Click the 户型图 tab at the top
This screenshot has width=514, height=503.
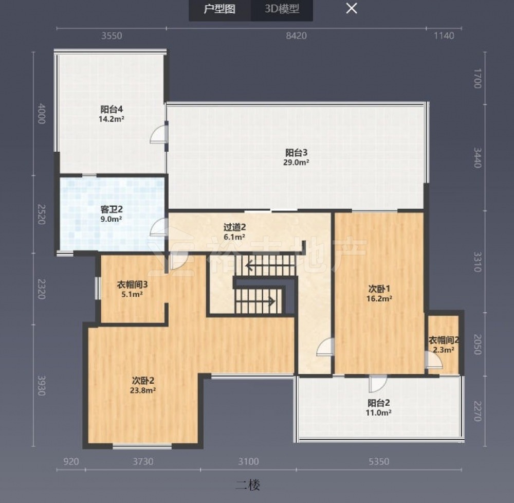[219, 9]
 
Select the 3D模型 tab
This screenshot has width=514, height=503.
[282, 9]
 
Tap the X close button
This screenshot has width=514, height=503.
[352, 9]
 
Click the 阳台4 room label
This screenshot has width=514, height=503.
[112, 109]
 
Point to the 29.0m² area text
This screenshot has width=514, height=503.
[297, 162]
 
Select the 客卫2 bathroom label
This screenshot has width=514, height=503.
[112, 209]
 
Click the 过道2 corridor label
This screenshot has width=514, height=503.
[234, 227]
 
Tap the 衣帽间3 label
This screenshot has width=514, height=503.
[132, 284]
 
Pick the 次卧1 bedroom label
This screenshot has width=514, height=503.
[379, 289]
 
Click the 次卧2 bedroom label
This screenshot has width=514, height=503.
[143, 381]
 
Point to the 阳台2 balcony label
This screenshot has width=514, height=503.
[379, 403]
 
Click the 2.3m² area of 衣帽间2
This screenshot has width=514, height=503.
[444, 350]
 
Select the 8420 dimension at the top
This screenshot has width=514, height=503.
[297, 35]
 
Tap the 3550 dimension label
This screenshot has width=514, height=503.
[112, 35]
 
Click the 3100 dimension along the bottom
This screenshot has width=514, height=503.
[248, 462]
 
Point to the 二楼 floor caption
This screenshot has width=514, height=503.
[248, 485]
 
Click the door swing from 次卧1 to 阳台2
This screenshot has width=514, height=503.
[377, 384]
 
